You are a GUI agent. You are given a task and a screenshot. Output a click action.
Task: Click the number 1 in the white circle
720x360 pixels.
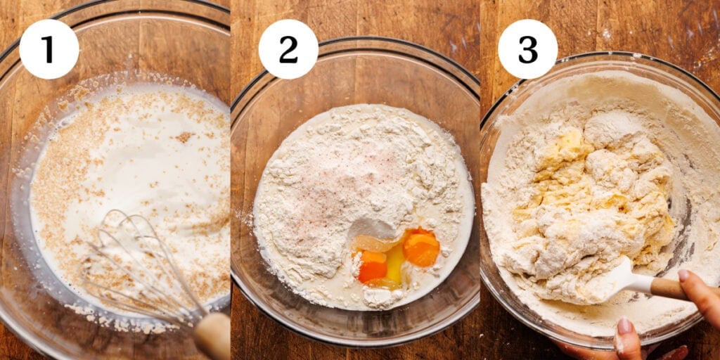(49, 49)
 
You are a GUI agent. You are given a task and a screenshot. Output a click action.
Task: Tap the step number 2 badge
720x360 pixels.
(288, 49)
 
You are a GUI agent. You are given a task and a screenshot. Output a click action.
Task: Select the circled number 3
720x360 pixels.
(527, 49)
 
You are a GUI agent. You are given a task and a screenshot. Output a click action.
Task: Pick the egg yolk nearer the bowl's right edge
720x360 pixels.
(422, 247)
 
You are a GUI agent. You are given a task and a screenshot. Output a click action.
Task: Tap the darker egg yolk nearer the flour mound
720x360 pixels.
(373, 267)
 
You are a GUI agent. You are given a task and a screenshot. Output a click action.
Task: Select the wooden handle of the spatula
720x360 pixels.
(671, 287)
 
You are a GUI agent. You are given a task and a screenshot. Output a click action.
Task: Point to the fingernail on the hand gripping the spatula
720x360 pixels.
(683, 275)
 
